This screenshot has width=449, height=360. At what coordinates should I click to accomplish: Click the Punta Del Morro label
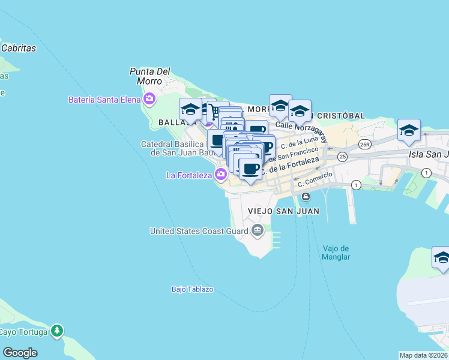(149, 76)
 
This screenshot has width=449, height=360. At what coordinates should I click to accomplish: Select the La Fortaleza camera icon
(221, 175)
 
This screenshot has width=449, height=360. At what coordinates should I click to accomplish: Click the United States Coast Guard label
(199, 230)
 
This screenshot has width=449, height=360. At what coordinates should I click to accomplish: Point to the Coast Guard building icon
(258, 229)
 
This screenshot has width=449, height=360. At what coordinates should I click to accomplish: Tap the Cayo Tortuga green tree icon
(56, 330)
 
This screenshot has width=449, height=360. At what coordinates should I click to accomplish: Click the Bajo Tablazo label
(192, 289)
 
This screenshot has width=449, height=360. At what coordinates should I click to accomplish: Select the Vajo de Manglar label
(336, 253)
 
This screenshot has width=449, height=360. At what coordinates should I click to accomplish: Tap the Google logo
(20, 352)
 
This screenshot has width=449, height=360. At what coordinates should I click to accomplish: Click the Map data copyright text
(423, 355)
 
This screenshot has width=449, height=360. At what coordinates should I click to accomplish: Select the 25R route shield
(364, 145)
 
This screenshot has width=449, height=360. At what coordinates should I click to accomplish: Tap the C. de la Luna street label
(303, 143)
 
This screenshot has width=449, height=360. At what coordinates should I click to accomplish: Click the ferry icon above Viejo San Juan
(306, 197)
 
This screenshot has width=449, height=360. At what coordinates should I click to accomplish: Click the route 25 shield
(342, 157)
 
